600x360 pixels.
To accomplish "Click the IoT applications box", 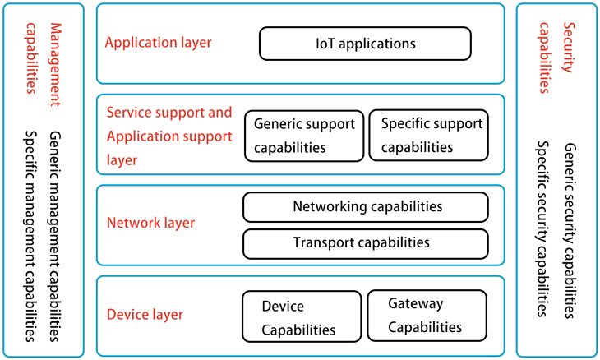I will click(365, 44).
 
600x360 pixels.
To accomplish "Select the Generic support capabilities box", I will click(304, 136).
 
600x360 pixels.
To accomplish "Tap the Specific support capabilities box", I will click(427, 136).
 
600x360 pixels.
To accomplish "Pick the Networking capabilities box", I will click(365, 207).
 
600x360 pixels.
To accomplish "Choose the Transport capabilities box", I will click(365, 243).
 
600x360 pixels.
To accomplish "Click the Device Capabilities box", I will click(302, 317).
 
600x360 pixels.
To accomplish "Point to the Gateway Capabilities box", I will click(426, 316).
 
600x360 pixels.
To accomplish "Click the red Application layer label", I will click(158, 43).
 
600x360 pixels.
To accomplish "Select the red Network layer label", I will click(151, 223).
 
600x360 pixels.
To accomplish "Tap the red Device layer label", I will click(145, 314).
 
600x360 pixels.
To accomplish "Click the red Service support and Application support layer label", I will click(169, 136).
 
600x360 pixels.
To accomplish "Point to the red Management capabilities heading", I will click(44, 56).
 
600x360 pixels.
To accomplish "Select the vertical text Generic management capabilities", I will click(55, 236).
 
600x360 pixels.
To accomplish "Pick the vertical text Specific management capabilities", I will click(30, 236).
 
